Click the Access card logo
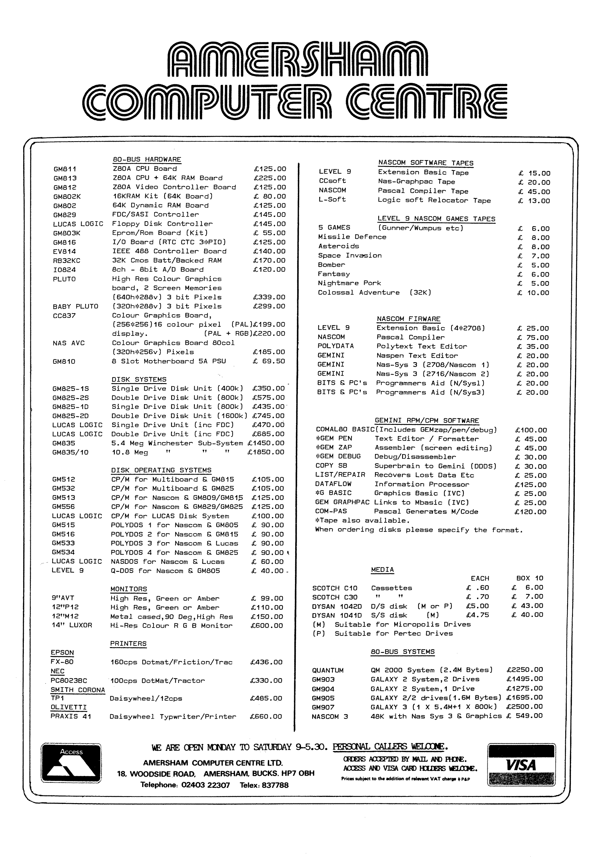[x=71, y=763]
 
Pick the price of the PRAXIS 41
[x=266, y=716]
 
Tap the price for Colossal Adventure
[x=533, y=293]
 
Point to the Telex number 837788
[x=275, y=785]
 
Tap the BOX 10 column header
[x=530, y=578]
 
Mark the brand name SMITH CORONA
[x=78, y=690]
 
